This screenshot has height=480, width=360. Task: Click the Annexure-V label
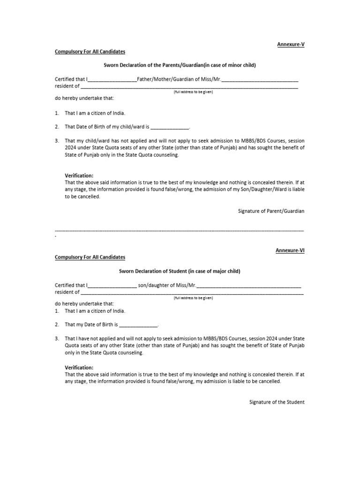point(291,44)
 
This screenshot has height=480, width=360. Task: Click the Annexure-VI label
point(290,250)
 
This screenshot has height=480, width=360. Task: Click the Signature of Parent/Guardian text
point(271,211)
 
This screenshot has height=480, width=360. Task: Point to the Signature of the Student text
point(277,402)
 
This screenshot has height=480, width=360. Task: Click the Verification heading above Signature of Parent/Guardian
point(79,175)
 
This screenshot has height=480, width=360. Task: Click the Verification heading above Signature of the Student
point(79,367)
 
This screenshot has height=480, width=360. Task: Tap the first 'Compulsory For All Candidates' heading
point(90,51)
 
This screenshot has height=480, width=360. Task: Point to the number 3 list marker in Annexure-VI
point(56,338)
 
